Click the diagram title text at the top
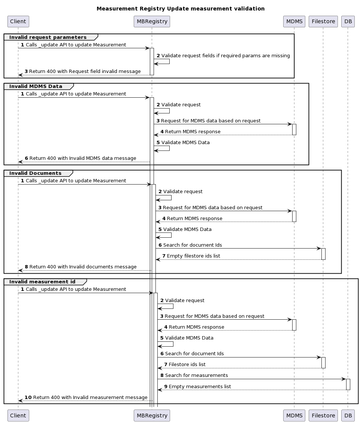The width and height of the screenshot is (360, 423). [180, 9]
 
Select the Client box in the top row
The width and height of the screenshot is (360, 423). [18, 21]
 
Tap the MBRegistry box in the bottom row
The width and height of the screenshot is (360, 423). [152, 415]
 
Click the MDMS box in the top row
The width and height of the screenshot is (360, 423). [294, 21]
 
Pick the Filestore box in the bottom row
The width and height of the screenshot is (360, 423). [323, 415]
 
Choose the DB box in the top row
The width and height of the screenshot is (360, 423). [348, 21]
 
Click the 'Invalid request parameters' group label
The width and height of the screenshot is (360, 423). [48, 37]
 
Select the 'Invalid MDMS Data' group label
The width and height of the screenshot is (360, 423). [36, 86]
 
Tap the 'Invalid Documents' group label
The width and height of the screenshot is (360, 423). [36, 173]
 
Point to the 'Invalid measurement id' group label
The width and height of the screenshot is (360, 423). [42, 282]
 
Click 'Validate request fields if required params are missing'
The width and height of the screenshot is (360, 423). [226, 55]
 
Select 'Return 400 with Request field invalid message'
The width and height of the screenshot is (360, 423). [85, 71]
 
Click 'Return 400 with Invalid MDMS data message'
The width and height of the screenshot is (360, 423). [83, 158]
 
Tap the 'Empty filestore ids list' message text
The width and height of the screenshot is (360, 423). [193, 256]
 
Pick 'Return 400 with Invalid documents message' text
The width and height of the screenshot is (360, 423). [83, 267]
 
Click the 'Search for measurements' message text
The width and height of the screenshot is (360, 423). [196, 375]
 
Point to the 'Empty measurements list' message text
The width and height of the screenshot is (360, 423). [200, 386]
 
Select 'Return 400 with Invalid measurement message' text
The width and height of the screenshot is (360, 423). [90, 397]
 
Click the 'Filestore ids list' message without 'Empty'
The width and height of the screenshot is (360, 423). [187, 364]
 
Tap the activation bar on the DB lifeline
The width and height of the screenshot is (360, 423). [348, 384]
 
